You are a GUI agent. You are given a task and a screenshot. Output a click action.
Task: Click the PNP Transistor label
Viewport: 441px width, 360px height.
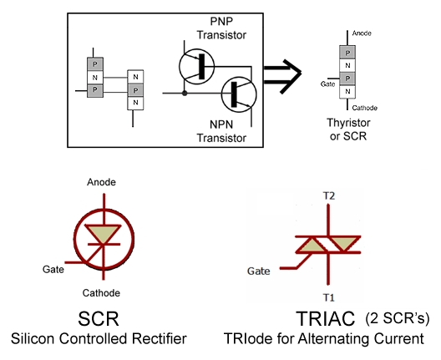point(221,28)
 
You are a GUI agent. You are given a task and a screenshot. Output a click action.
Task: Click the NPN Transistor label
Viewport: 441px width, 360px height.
point(221,131)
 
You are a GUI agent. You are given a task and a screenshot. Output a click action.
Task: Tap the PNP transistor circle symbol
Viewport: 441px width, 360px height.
point(196,66)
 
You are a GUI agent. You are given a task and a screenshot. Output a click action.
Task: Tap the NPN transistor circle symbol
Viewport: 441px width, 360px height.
point(239,94)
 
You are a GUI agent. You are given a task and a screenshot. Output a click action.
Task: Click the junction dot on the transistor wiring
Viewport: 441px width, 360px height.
point(185,93)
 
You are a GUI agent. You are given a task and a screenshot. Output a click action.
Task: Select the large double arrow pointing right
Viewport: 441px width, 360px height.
point(282,76)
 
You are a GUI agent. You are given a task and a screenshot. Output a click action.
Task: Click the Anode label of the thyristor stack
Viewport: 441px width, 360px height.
point(362,33)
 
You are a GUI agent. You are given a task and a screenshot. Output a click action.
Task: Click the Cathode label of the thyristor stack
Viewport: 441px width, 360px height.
point(364,108)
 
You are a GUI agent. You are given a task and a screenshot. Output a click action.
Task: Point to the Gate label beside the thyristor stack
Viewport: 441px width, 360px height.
point(327,84)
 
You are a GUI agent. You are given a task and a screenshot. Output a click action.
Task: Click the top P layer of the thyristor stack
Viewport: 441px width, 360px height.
point(347,53)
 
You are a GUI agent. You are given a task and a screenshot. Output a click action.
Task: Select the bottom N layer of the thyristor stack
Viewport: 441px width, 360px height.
point(347,91)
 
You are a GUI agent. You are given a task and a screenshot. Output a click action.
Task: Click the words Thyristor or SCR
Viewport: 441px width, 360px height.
point(348,129)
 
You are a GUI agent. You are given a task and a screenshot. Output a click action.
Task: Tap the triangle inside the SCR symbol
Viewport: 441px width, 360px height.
point(104,233)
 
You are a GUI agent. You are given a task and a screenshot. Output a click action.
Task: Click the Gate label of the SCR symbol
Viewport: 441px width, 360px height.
point(53,269)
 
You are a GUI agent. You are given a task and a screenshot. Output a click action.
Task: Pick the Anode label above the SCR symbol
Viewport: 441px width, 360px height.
point(101,182)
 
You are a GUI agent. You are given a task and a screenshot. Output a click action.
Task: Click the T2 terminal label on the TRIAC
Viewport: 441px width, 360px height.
point(328,195)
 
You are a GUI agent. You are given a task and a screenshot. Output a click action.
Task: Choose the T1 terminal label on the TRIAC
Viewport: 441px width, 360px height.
point(328,297)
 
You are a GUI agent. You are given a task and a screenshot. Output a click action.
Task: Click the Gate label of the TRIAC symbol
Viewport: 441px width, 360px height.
point(258,271)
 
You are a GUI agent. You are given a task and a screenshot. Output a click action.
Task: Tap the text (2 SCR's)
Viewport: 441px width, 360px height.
point(398,318)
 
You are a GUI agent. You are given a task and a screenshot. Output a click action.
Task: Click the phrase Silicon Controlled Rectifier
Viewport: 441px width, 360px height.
point(99,338)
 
